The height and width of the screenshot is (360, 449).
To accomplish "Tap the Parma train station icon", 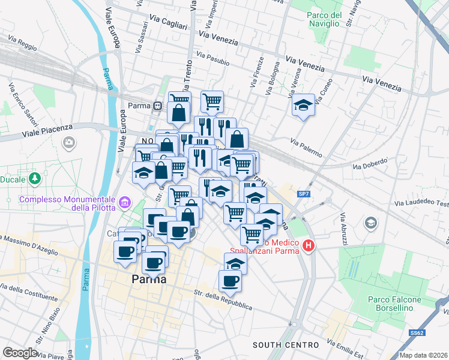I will point(157,106).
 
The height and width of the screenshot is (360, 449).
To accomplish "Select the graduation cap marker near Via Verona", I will point(303,106).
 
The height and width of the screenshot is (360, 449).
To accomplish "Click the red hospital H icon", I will point(309,246).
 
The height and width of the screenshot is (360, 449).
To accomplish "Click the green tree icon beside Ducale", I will point(35,178).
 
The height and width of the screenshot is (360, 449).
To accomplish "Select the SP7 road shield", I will point(304,194).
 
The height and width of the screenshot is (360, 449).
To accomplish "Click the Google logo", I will point(20,352).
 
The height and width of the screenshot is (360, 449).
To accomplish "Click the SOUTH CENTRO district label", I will point(285,345).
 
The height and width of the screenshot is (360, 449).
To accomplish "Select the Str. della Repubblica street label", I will point(223,301).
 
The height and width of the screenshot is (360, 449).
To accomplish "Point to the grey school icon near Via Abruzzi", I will point(370,223).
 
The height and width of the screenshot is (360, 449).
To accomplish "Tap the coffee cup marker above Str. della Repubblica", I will point(229,280).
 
